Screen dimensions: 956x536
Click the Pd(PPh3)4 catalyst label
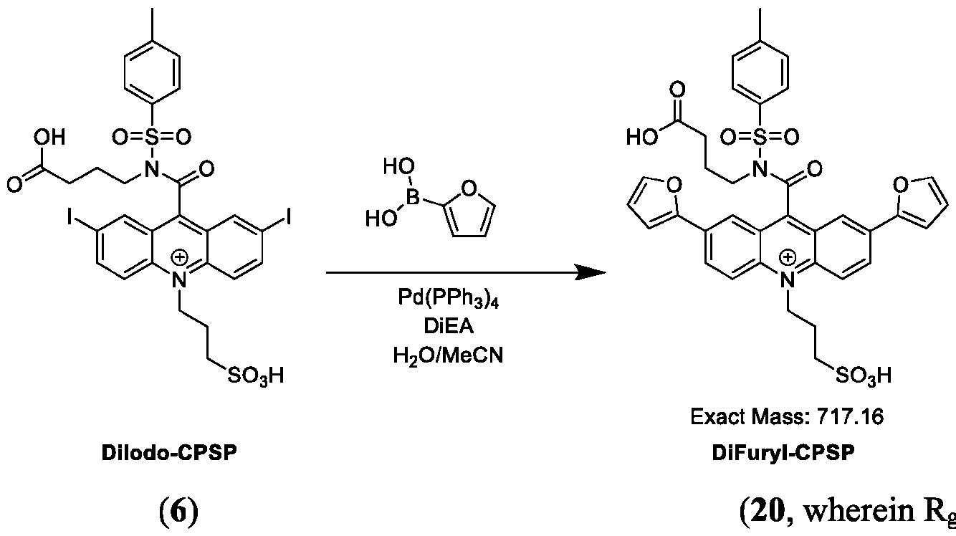448,298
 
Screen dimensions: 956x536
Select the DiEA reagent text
449,327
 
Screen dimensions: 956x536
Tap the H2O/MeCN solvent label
448,355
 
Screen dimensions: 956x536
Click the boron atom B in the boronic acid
412,198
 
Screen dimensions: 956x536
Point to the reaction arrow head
591,272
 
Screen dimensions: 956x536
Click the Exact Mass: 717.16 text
787,416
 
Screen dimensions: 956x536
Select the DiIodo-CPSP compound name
169,453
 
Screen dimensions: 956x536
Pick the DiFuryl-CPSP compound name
783,453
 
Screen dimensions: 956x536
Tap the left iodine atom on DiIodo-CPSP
70,219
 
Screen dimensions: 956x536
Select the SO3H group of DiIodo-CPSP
255,376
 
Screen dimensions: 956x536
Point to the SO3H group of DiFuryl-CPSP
864,376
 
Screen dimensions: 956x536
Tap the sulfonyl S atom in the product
760,137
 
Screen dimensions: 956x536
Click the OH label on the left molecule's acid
49,138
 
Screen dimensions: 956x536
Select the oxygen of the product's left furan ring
674,185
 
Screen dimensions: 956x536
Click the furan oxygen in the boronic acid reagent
468,188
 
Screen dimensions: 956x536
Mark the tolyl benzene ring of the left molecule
152,72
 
